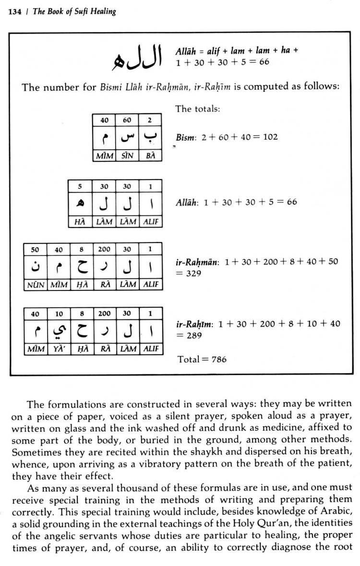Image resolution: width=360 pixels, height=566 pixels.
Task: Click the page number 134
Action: coord(14,11)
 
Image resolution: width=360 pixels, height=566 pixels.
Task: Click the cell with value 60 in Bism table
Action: coord(127,120)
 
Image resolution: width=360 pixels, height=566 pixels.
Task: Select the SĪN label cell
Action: coord(127,156)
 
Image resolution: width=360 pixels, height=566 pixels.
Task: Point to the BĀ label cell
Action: coord(150,156)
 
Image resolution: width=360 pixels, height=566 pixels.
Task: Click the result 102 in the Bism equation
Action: coord(270,137)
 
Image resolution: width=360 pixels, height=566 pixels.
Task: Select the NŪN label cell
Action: coord(36,285)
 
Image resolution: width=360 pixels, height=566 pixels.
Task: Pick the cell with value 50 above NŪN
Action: coord(35,250)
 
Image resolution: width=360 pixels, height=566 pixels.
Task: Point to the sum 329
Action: coord(193,273)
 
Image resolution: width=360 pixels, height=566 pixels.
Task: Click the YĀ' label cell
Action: coord(59,349)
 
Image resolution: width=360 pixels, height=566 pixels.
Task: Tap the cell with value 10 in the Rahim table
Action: coord(59,314)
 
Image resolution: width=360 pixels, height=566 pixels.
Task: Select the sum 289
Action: coord(194,336)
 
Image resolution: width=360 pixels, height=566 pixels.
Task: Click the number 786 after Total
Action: coord(218,359)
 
